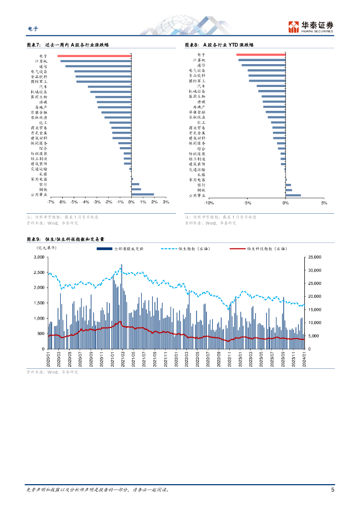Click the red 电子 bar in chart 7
click(94, 56)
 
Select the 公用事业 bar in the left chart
click(143, 194)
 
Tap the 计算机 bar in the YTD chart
click(262, 60)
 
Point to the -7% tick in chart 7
click(50, 202)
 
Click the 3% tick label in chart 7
click(166, 202)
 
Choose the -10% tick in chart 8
click(209, 203)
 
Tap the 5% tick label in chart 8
click(324, 203)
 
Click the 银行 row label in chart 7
click(43, 184)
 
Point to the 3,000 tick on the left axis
click(38, 257)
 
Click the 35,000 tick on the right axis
click(315, 257)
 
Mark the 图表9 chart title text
click(65, 239)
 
